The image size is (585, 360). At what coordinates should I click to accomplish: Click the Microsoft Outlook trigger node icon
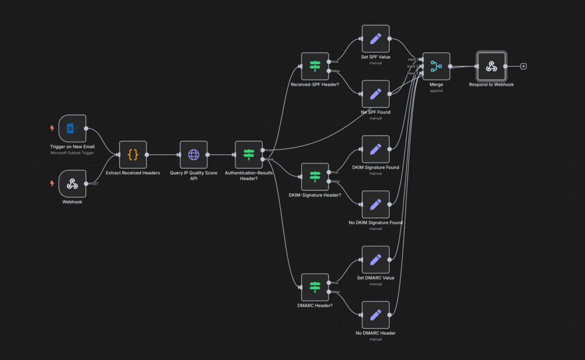(x=73, y=129)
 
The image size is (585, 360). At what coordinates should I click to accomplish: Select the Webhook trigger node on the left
(x=73, y=183)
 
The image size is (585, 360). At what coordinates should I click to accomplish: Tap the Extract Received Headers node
(x=133, y=154)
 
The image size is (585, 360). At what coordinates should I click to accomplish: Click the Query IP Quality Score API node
(x=194, y=154)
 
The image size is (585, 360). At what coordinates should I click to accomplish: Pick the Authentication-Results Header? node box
(x=249, y=154)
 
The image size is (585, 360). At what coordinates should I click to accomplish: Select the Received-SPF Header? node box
(x=315, y=66)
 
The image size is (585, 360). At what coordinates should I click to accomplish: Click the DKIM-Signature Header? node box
(x=315, y=177)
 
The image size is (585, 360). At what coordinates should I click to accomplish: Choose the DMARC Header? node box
(x=315, y=287)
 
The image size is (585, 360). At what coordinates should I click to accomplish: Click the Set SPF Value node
(x=375, y=39)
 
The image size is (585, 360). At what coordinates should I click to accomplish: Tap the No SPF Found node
(x=375, y=94)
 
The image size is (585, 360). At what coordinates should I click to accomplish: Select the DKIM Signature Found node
(x=375, y=149)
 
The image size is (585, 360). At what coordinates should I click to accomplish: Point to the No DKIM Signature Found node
(x=375, y=205)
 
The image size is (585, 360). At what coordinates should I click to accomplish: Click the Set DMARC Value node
(x=375, y=260)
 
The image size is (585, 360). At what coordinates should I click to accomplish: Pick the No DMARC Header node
(x=375, y=315)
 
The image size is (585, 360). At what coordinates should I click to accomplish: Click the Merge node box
(x=436, y=66)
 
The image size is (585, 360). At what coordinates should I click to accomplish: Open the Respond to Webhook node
(x=491, y=66)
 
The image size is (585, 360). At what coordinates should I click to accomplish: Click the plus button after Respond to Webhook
(x=523, y=66)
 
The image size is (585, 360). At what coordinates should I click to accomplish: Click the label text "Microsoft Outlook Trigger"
(x=73, y=153)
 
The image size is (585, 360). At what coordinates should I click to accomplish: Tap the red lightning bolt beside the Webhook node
(x=52, y=183)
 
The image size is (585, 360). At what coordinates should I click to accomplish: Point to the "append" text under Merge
(x=436, y=90)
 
